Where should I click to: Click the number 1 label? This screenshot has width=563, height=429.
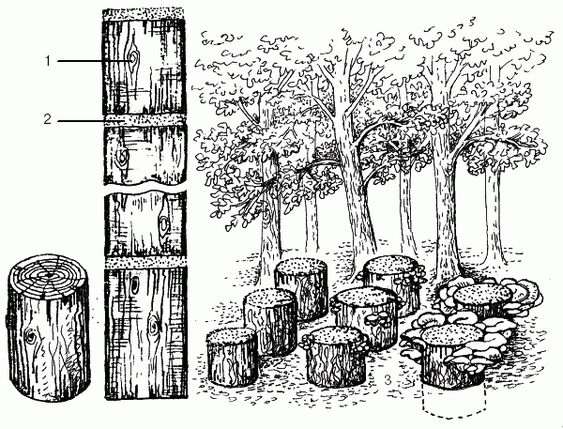pos(48,61)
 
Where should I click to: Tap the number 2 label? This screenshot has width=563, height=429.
pos(48,119)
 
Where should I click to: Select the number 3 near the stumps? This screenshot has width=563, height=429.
pos(388,379)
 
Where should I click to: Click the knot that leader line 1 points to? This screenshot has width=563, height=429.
pos(133,58)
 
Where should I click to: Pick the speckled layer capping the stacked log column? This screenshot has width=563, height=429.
pos(144,15)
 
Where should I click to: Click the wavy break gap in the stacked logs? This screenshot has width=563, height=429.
pos(145,188)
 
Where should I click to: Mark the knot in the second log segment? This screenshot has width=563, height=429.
pos(122,156)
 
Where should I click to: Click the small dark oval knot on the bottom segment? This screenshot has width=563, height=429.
pos(135,285)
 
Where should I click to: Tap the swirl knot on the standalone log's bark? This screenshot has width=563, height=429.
pos(30,336)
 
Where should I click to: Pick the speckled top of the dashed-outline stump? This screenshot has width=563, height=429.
pos(451,335)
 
